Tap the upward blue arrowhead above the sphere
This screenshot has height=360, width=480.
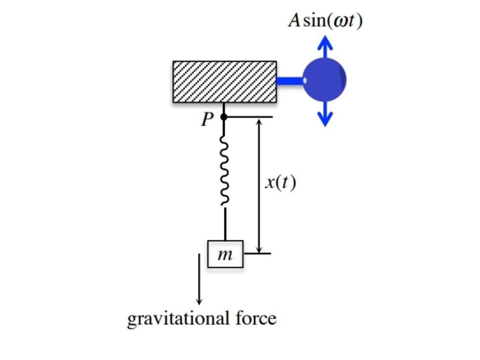324,43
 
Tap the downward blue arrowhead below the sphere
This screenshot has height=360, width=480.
324,119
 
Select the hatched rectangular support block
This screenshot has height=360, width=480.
224,82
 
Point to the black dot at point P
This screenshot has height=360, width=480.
223,117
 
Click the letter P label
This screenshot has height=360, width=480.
207,119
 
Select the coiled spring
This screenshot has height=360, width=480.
224,171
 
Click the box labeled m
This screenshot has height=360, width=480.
225,254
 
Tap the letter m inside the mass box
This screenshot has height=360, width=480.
225,255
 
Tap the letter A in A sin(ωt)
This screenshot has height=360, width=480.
295,20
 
